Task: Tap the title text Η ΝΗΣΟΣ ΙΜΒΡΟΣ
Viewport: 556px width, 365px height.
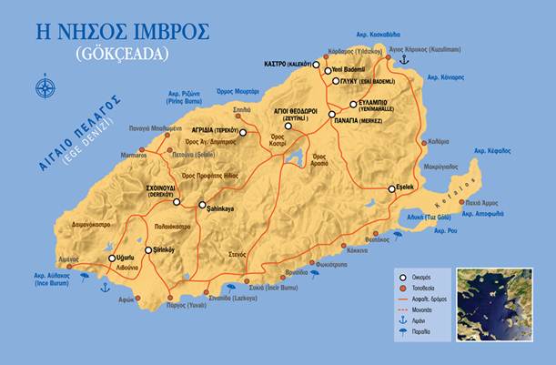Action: tap(122, 32)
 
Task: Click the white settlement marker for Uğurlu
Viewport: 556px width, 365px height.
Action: tap(113, 259)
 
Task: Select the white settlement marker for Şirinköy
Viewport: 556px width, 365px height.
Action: tap(148, 249)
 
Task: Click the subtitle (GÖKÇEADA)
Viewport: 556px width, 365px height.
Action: tap(123, 56)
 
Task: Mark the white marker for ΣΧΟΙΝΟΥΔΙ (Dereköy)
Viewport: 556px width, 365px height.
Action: tap(177, 202)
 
